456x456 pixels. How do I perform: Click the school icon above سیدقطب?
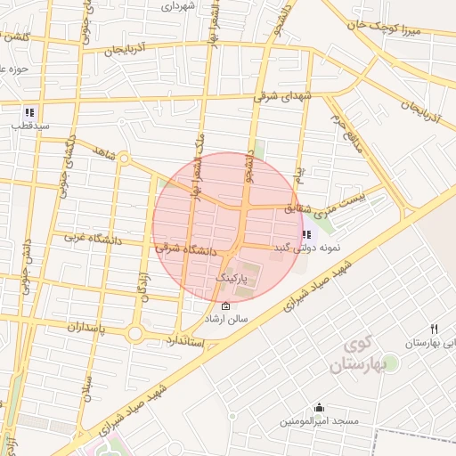click(x=29, y=113)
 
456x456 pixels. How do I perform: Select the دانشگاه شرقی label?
click(x=187, y=250)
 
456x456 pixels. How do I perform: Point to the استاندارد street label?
click(x=185, y=341)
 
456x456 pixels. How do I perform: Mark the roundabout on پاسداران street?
click(x=134, y=334)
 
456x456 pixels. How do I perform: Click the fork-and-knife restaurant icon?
click(x=434, y=329)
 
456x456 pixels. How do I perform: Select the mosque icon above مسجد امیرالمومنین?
click(x=316, y=407)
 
